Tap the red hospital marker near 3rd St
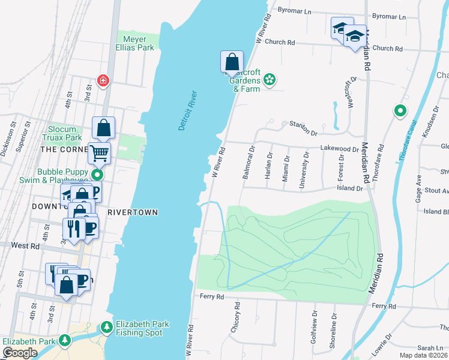pyautogui.click(x=104, y=80)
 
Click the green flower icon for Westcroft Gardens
pyautogui.click(x=270, y=79)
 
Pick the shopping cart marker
pyautogui.click(x=100, y=152)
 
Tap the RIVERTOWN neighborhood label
pyautogui.click(x=133, y=212)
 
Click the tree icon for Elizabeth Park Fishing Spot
pyautogui.click(x=106, y=328)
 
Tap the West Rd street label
pyautogui.click(x=25, y=246)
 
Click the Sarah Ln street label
pyautogui.click(x=430, y=348)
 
